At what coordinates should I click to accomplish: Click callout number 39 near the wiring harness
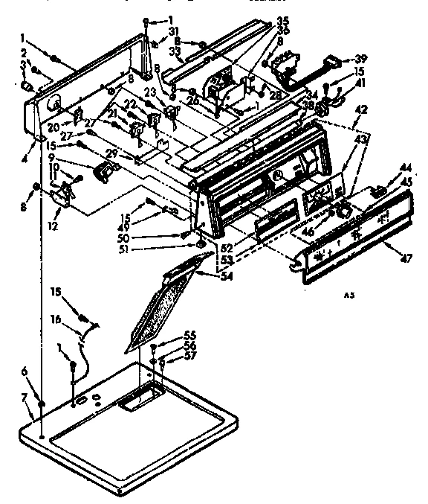(x=360, y=60)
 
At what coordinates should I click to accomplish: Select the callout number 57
(x=169, y=357)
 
